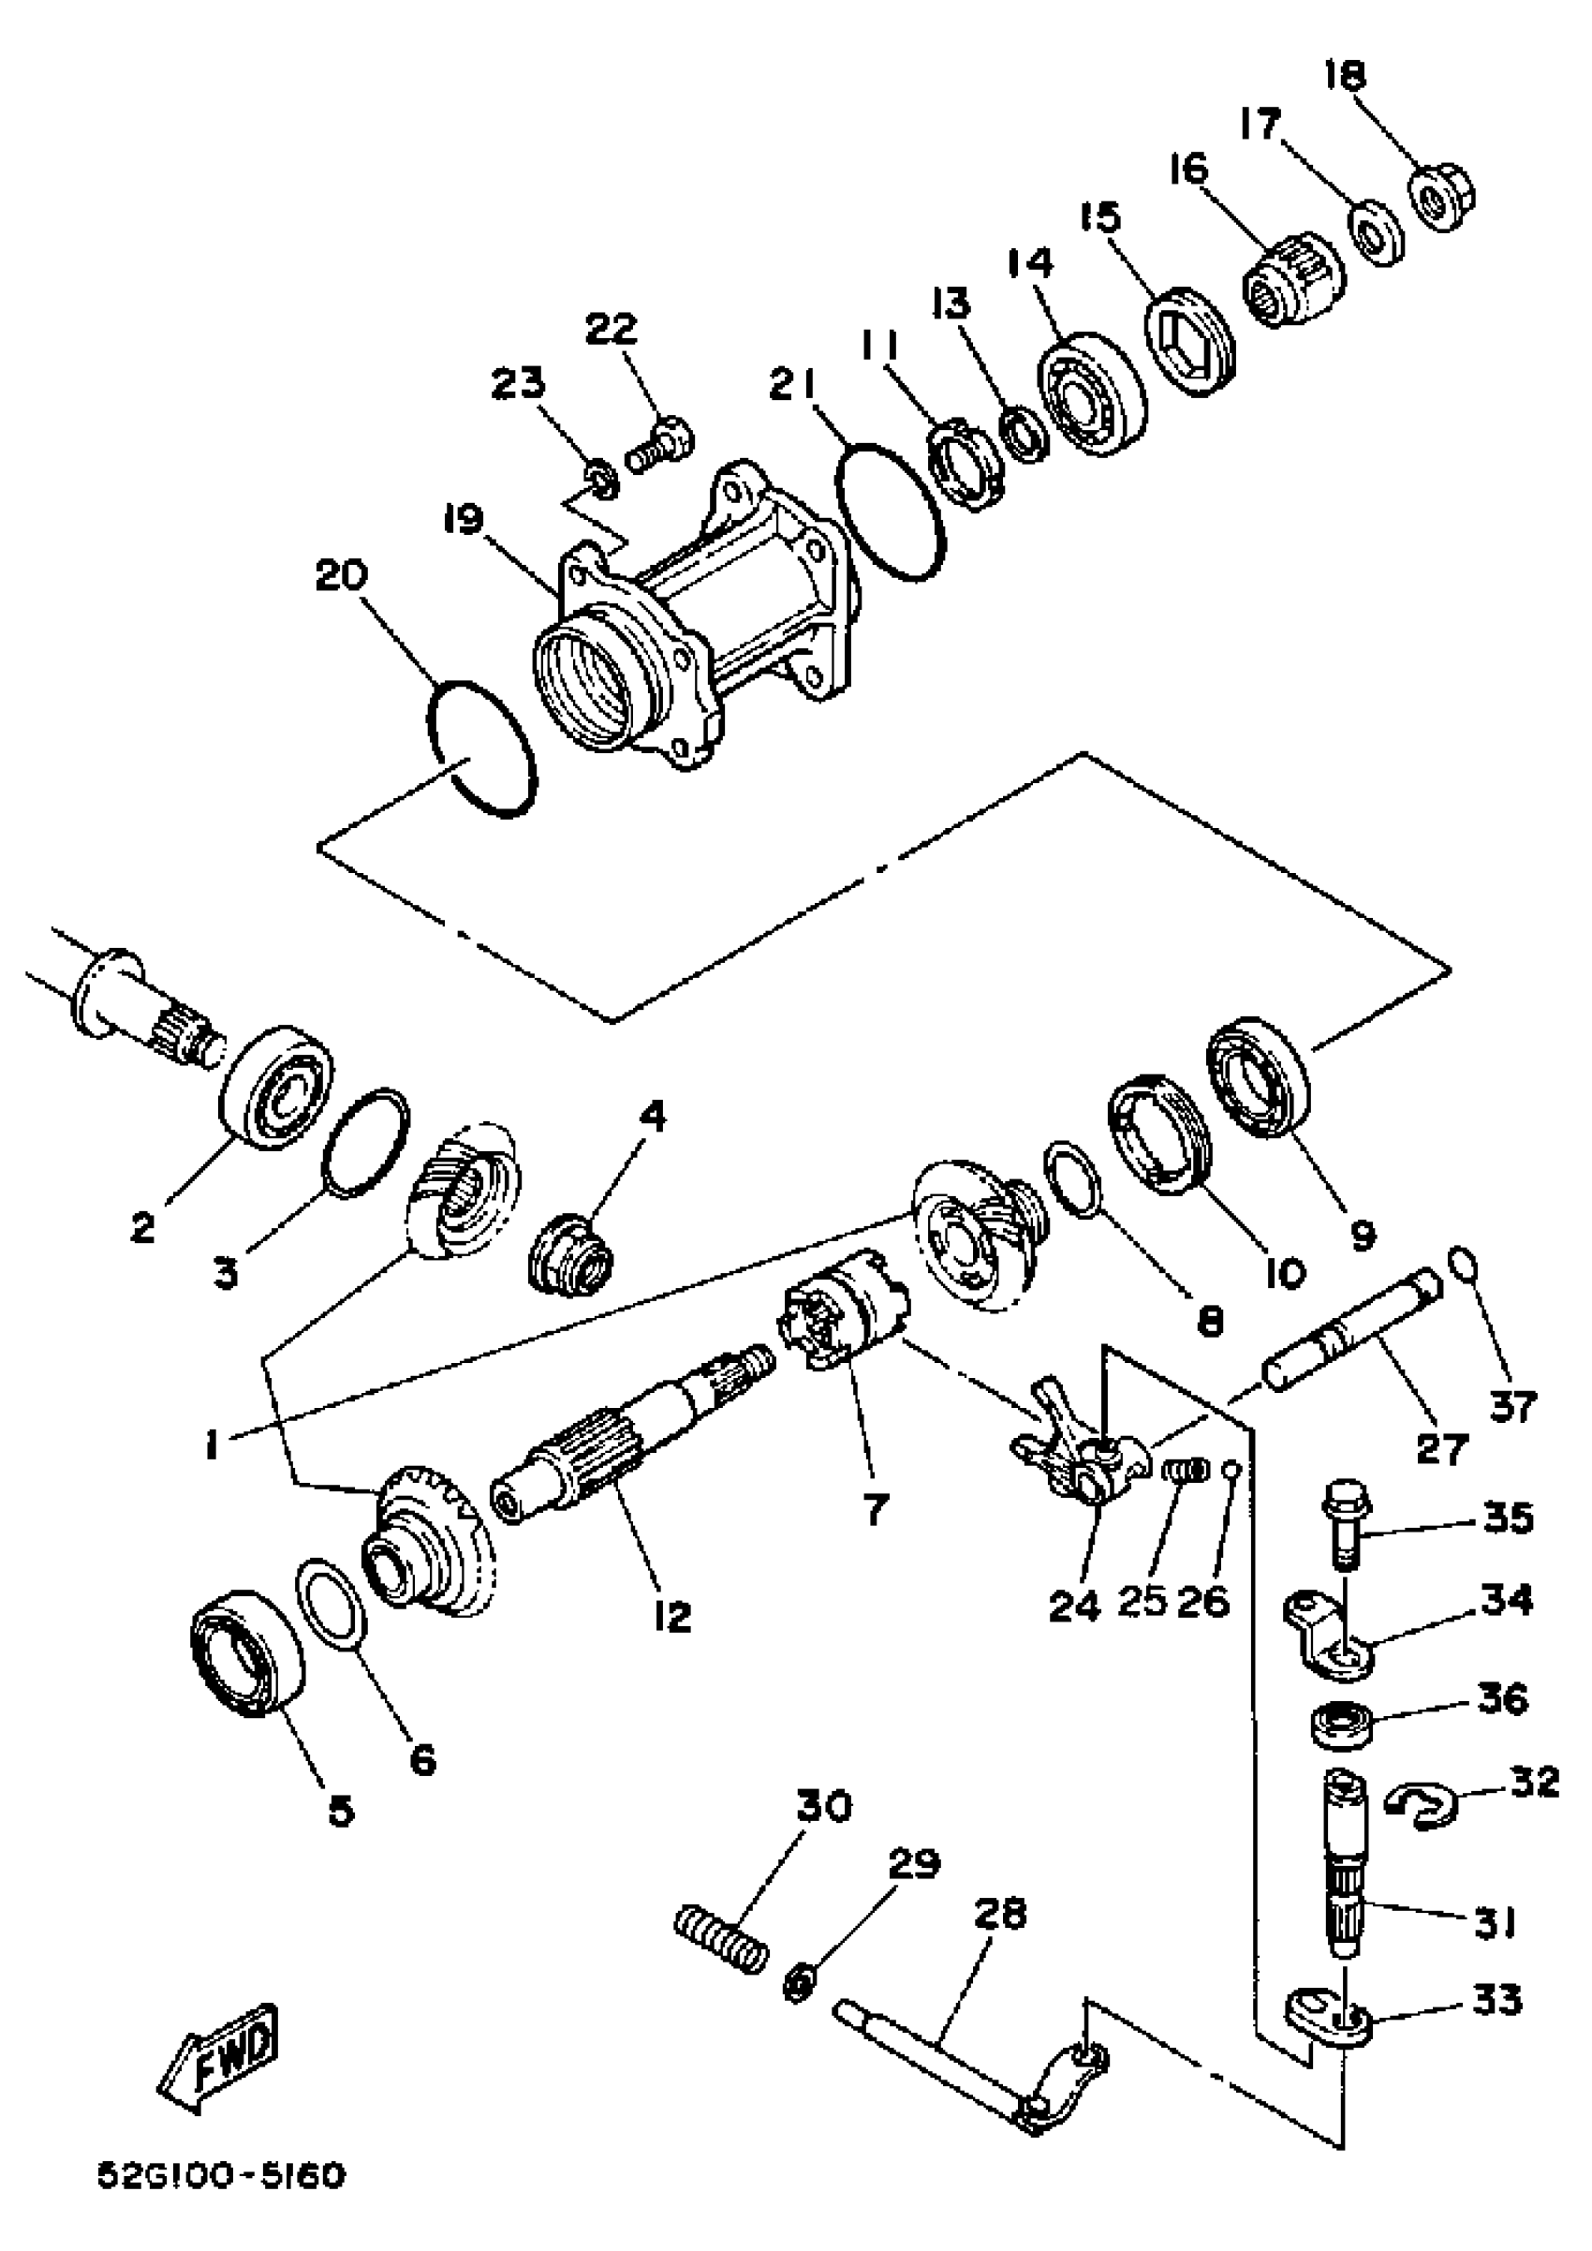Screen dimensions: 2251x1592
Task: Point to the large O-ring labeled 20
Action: click(483, 749)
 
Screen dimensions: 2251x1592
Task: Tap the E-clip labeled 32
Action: click(1423, 1805)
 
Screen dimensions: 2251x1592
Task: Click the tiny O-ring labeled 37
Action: click(1461, 1265)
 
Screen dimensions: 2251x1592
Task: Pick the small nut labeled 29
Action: click(800, 1985)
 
